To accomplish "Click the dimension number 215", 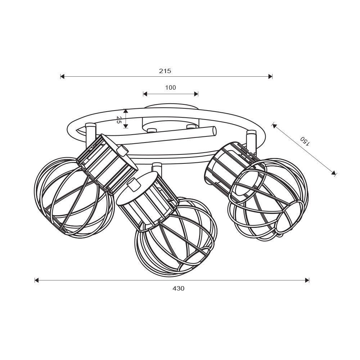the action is click(x=165, y=71).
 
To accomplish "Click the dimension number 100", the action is click(x=171, y=87).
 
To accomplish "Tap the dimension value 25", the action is click(x=119, y=120).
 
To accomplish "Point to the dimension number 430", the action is click(x=179, y=288).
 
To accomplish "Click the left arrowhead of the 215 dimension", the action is click(x=62, y=76).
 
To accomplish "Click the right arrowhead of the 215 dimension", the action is click(x=270, y=76).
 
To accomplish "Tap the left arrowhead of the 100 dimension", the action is click(x=145, y=94).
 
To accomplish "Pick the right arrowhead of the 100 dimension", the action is click(x=196, y=94).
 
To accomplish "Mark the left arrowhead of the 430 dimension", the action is click(x=37, y=280).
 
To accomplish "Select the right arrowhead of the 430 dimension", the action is click(x=307, y=280).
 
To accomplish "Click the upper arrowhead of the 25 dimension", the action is click(x=125, y=111).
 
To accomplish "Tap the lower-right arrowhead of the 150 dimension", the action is click(x=334, y=173).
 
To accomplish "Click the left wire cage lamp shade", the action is click(x=74, y=197).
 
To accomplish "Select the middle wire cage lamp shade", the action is click(x=176, y=237).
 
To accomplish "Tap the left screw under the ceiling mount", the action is click(x=152, y=131).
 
